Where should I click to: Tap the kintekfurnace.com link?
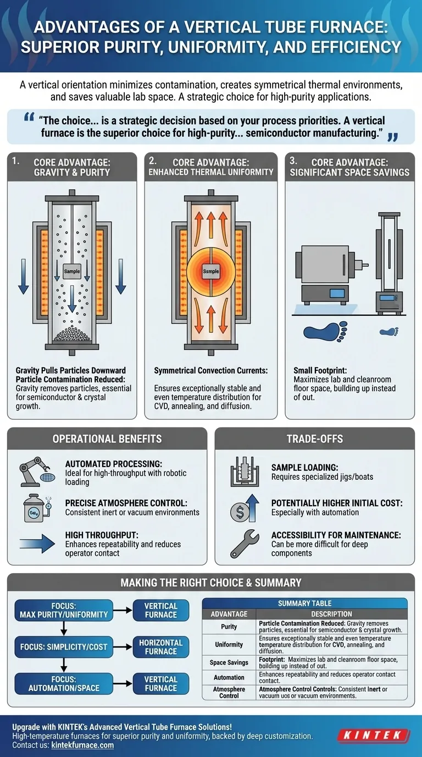(x=82, y=745)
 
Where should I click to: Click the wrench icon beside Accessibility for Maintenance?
(x=245, y=544)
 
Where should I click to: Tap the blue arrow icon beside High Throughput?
(x=37, y=544)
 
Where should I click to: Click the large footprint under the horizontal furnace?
(x=325, y=331)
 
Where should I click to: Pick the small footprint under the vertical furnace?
(x=389, y=331)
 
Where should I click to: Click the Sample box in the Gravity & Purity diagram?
(x=72, y=271)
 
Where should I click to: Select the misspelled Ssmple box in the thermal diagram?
(x=211, y=271)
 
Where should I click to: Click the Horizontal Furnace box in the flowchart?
(x=160, y=647)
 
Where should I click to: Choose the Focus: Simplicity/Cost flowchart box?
(x=64, y=647)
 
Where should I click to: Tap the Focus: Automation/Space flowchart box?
(x=64, y=684)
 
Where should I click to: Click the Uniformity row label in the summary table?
(x=229, y=644)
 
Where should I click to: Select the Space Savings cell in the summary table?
(x=229, y=662)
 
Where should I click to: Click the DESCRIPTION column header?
(x=331, y=614)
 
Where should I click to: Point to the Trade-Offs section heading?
(x=315, y=438)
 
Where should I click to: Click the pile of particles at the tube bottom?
(x=72, y=334)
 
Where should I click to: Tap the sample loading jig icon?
(x=245, y=472)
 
